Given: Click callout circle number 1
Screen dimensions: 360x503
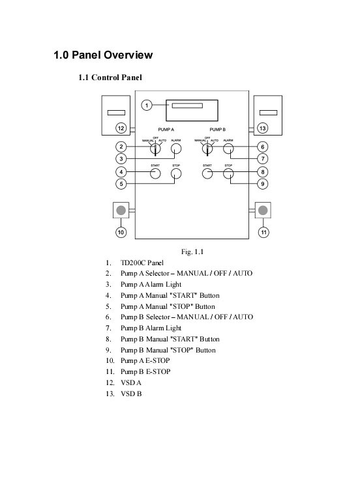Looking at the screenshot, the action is click(147, 105).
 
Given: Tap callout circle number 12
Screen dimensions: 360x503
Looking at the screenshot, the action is click(121, 128).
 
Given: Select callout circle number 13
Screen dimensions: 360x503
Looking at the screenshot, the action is click(263, 128).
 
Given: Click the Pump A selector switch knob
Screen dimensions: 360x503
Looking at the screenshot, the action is click(155, 149).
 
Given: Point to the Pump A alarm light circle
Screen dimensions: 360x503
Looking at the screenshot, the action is click(176, 149).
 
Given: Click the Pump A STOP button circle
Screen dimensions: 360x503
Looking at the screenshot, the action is click(176, 173).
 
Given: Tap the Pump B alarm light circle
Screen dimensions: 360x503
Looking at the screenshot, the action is click(228, 149).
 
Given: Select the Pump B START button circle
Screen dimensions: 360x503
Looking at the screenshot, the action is click(207, 173).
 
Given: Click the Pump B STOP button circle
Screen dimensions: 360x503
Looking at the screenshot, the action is click(228, 173).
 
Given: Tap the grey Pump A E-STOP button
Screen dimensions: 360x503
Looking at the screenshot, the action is click(121, 210).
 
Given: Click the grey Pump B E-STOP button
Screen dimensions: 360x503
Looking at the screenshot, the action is click(263, 210).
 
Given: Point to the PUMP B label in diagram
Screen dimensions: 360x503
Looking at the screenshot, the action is click(217, 130).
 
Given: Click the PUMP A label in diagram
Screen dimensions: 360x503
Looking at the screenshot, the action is click(166, 130).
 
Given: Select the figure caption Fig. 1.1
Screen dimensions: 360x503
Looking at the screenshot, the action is click(192, 251).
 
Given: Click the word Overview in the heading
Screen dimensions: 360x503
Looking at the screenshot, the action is click(128, 55).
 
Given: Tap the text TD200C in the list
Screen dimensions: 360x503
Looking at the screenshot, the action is click(132, 263).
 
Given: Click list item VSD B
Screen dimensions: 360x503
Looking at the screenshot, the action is click(131, 394).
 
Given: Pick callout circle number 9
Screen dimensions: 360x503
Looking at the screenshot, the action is click(263, 184).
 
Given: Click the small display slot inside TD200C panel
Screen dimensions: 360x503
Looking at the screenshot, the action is click(187, 106).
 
